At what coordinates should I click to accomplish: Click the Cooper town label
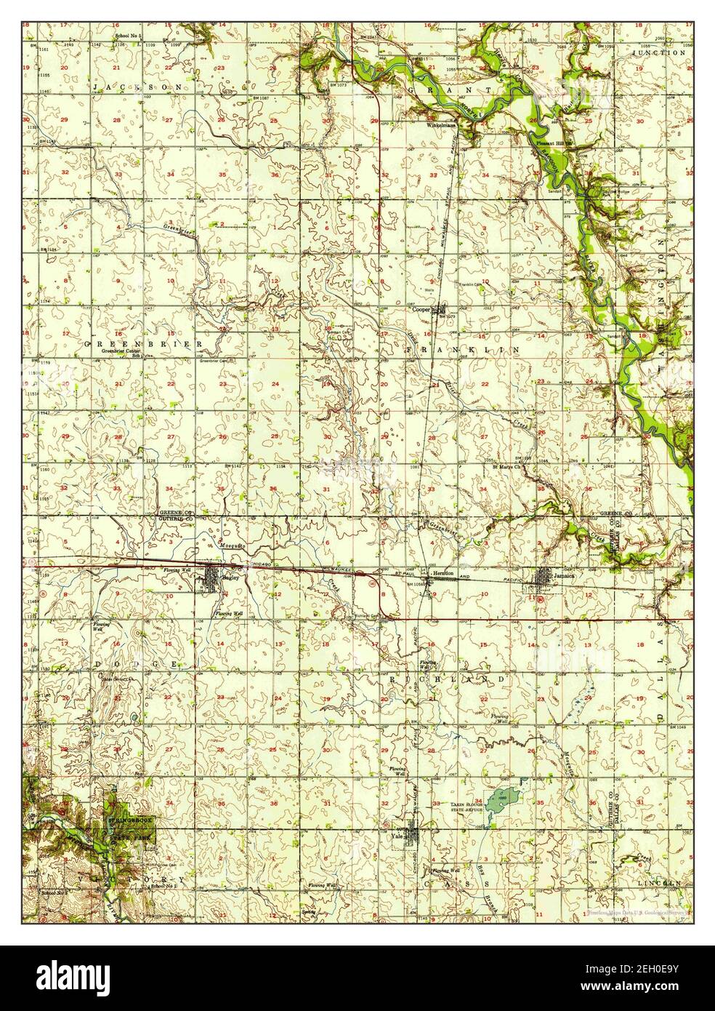point(421,309)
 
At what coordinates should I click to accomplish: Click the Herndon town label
point(443,573)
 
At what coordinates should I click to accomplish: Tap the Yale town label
point(397,836)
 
